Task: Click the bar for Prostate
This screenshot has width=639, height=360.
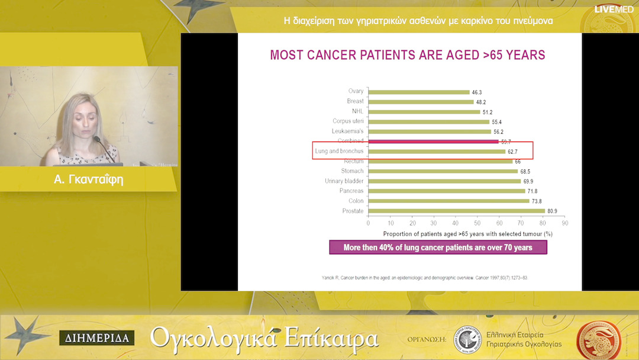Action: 456,211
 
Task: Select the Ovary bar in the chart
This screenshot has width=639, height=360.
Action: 419,92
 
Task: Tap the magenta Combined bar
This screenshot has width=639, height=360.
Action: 433,142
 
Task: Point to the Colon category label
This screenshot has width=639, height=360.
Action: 356,201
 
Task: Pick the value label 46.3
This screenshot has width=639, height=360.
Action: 476,92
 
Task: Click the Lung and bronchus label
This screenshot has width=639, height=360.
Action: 339,152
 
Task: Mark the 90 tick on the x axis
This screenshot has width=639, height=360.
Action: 564,223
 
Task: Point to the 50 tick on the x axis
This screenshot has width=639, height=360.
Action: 477,223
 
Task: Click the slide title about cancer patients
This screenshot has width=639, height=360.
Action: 407,55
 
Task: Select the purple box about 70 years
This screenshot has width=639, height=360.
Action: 438,247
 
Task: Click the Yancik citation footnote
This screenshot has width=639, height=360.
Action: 408,277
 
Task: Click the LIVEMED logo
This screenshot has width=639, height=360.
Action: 614,9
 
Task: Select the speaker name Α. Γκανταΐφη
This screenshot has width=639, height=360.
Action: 89,179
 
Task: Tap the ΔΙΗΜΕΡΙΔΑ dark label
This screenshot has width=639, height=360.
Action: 96,338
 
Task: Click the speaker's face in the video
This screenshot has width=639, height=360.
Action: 80,119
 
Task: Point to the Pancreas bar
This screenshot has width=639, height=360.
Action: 446,191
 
